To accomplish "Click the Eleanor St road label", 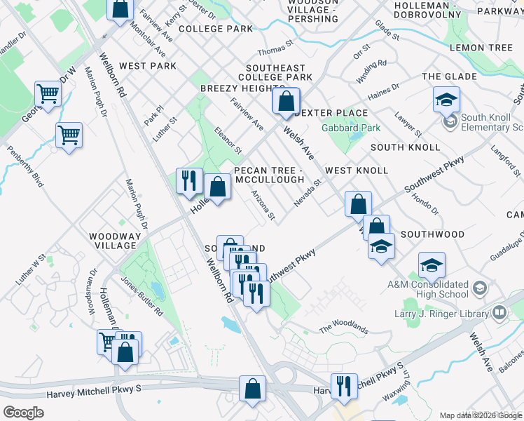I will point(228,140).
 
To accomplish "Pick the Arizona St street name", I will point(263,205).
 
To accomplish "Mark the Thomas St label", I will point(274,51).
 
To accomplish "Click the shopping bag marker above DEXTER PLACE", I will point(286,101).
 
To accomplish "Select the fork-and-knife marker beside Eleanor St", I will point(188,180).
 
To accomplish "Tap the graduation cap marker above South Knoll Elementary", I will point(446,100).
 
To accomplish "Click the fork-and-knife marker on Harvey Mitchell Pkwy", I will point(344,385).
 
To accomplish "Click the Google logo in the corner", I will point(23,413).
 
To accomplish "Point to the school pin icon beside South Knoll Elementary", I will point(450,123).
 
